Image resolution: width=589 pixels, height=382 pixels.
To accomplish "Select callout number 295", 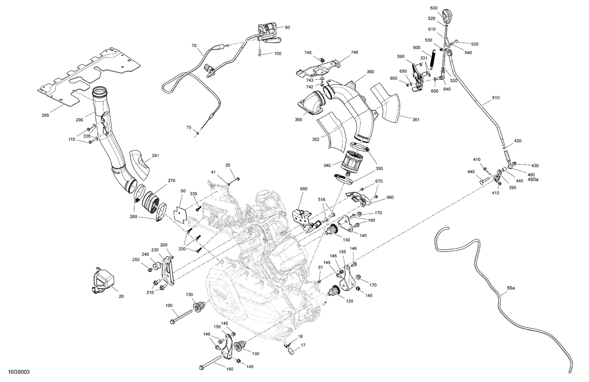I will pos(46,116).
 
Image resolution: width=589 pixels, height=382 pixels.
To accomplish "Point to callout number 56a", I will pos(510,288).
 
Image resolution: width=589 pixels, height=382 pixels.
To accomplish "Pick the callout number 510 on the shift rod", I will pos(496,98).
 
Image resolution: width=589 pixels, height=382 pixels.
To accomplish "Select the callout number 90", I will pos(287,28).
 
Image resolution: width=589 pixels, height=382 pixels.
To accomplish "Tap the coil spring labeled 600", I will pos(432,60).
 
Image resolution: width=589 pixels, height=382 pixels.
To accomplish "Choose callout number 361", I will pos(416,119).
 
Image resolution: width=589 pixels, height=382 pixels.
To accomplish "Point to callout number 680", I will pos(304,189).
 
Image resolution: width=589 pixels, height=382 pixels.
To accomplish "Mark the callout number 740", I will pos(354,52).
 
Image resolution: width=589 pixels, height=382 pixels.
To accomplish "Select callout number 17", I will pos(303,345).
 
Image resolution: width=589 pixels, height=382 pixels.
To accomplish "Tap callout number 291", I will pos(155,156).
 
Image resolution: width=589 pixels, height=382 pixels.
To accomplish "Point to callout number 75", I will pos(189,127).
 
